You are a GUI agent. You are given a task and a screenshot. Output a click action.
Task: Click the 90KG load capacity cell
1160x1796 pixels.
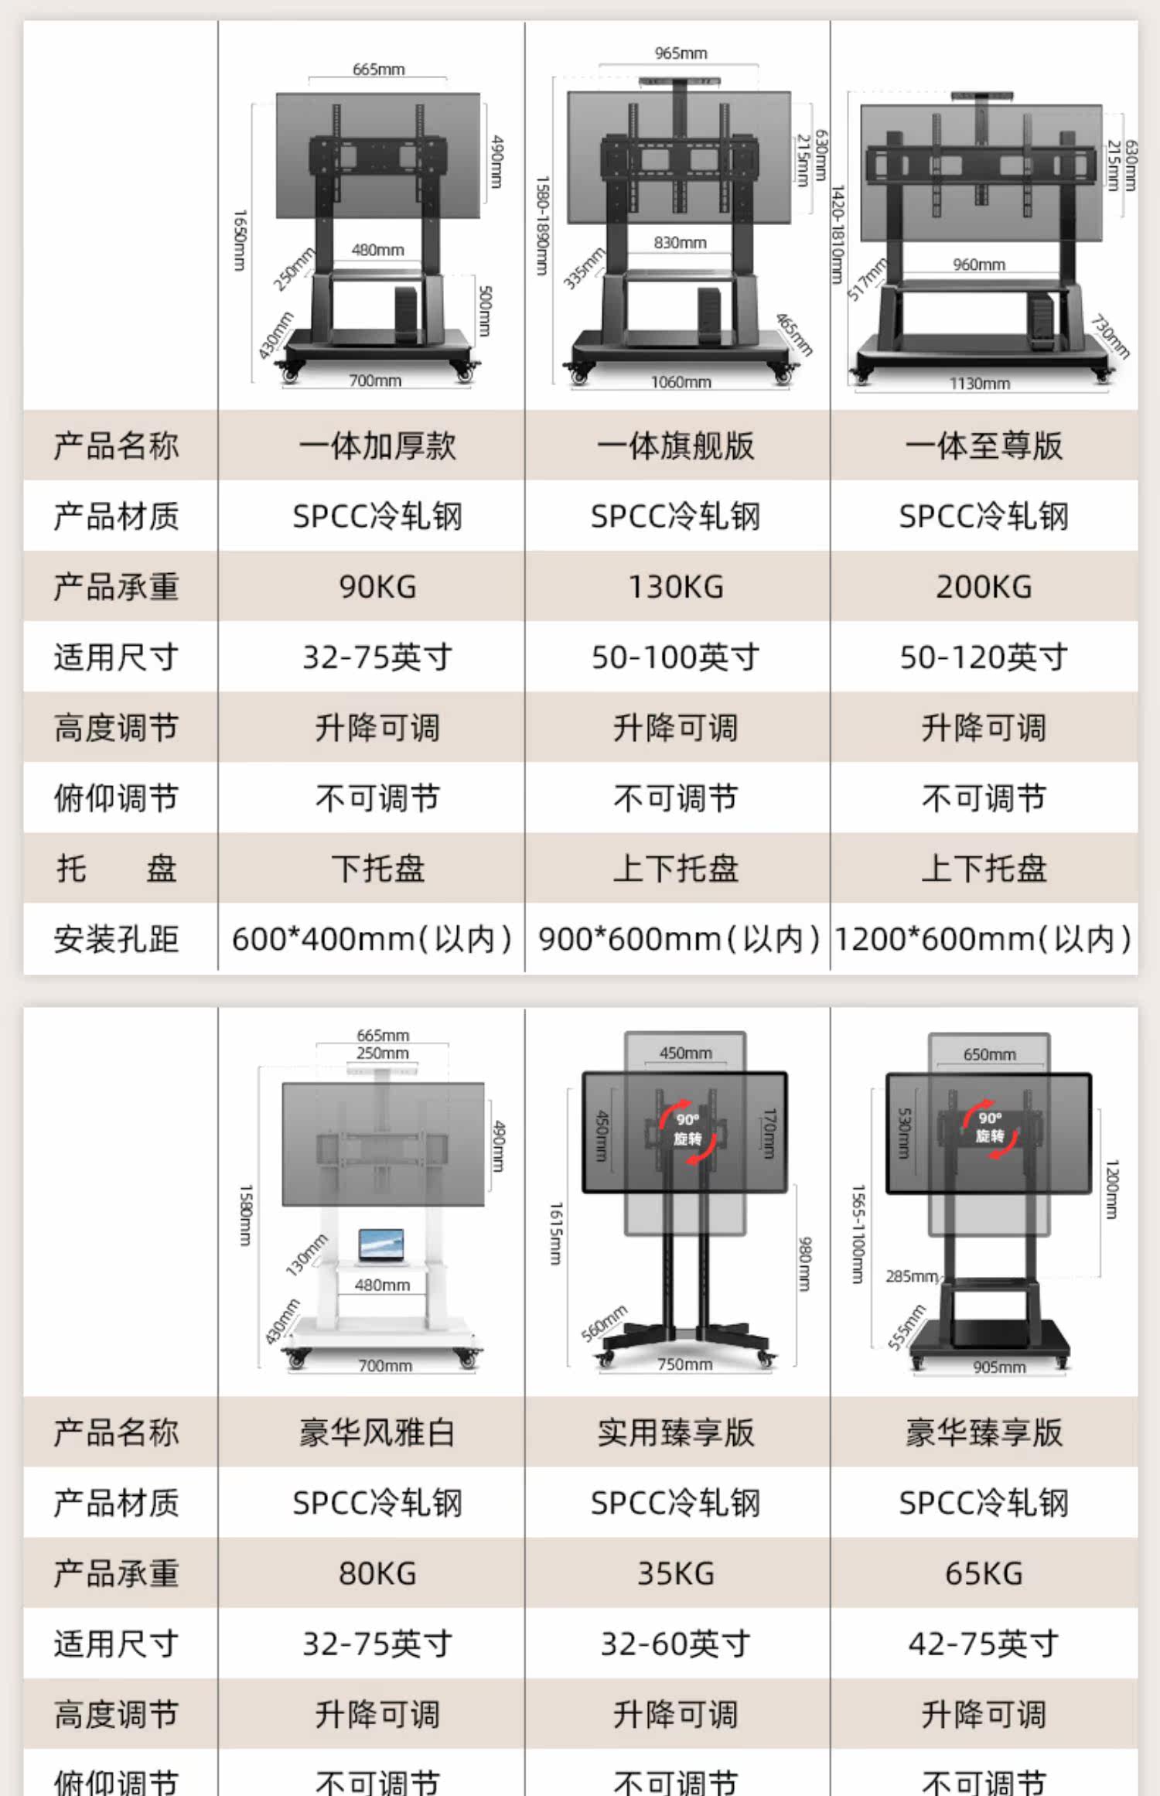[377, 587]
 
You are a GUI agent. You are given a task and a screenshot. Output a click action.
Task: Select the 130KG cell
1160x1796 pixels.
[676, 587]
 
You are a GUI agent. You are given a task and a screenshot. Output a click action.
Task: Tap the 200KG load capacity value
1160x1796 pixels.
[984, 587]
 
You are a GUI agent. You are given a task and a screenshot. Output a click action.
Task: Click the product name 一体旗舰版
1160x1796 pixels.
[676, 446]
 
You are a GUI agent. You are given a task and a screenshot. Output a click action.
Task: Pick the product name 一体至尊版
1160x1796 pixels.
[984, 446]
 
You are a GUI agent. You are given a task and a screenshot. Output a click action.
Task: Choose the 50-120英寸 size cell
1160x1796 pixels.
[984, 657]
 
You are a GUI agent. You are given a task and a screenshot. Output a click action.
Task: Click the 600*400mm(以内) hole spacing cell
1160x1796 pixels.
[371, 939]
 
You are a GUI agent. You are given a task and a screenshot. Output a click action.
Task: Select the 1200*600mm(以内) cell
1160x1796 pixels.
[984, 939]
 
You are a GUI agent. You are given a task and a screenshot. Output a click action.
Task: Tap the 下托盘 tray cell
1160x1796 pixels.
[377, 869]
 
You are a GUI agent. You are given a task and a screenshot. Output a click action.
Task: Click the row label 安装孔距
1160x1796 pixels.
[116, 939]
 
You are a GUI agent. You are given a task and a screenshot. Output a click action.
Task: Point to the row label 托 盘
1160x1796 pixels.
[116, 869]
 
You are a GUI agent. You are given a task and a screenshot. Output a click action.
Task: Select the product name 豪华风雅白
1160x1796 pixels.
[377, 1432]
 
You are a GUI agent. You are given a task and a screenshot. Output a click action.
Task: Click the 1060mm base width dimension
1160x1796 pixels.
[681, 382]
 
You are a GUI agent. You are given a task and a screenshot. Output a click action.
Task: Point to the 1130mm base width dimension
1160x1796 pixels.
[980, 384]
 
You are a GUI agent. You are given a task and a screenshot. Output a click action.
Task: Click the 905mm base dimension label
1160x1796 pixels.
[999, 1367]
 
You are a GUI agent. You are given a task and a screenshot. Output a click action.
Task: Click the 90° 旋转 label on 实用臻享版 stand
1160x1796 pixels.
[687, 1129]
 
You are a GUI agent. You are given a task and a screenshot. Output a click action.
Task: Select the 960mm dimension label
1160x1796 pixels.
[979, 265]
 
